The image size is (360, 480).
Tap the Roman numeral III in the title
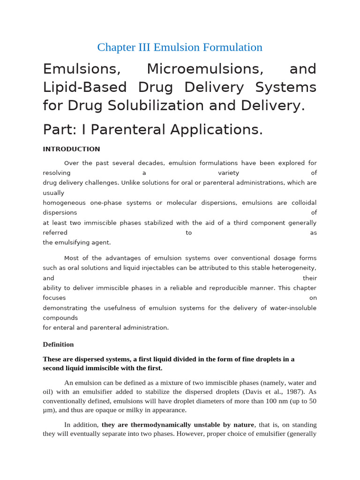pos(144,47)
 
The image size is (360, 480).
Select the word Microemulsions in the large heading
pos(205,69)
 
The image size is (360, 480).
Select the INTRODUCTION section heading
pos(71,149)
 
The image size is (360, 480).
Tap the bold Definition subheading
pos(58,344)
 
